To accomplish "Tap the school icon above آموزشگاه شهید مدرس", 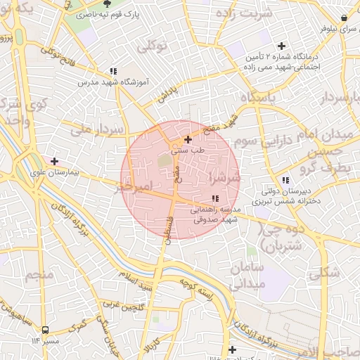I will [x=112, y=71].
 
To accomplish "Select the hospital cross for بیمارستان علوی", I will [x=54, y=161].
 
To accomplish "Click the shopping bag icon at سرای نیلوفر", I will [x=344, y=18].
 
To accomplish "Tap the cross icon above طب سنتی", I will [x=187, y=139].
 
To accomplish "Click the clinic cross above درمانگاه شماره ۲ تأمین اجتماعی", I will [x=282, y=45].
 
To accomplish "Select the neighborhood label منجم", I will [x=39, y=275].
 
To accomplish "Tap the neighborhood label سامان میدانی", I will [x=245, y=276].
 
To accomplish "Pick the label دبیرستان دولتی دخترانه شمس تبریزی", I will [x=291, y=195].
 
